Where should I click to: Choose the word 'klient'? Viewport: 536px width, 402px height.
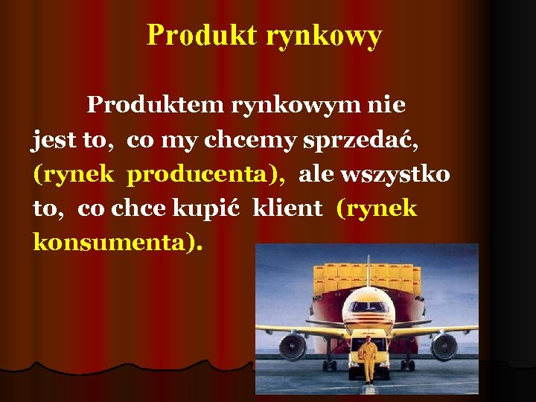[x=288, y=208]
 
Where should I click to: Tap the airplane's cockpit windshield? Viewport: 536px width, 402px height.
[x=368, y=306]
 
